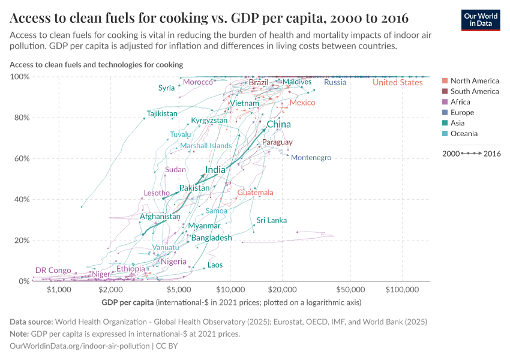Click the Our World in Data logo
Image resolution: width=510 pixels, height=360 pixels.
click(482, 19)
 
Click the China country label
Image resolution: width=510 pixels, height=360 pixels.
click(278, 124)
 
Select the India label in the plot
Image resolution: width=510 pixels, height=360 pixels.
click(215, 170)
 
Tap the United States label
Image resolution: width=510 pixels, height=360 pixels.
click(397, 82)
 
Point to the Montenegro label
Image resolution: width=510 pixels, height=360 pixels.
click(311, 158)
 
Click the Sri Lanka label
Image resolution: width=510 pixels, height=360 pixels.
click(272, 220)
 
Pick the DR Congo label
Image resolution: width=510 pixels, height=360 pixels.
click(53, 271)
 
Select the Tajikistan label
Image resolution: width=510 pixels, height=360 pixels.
click(162, 113)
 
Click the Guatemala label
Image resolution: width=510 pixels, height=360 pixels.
click(255, 193)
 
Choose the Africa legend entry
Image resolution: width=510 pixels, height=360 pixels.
click(460, 102)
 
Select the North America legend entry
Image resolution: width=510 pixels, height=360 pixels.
click(474, 81)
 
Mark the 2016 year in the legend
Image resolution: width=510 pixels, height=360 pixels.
click(492, 154)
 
